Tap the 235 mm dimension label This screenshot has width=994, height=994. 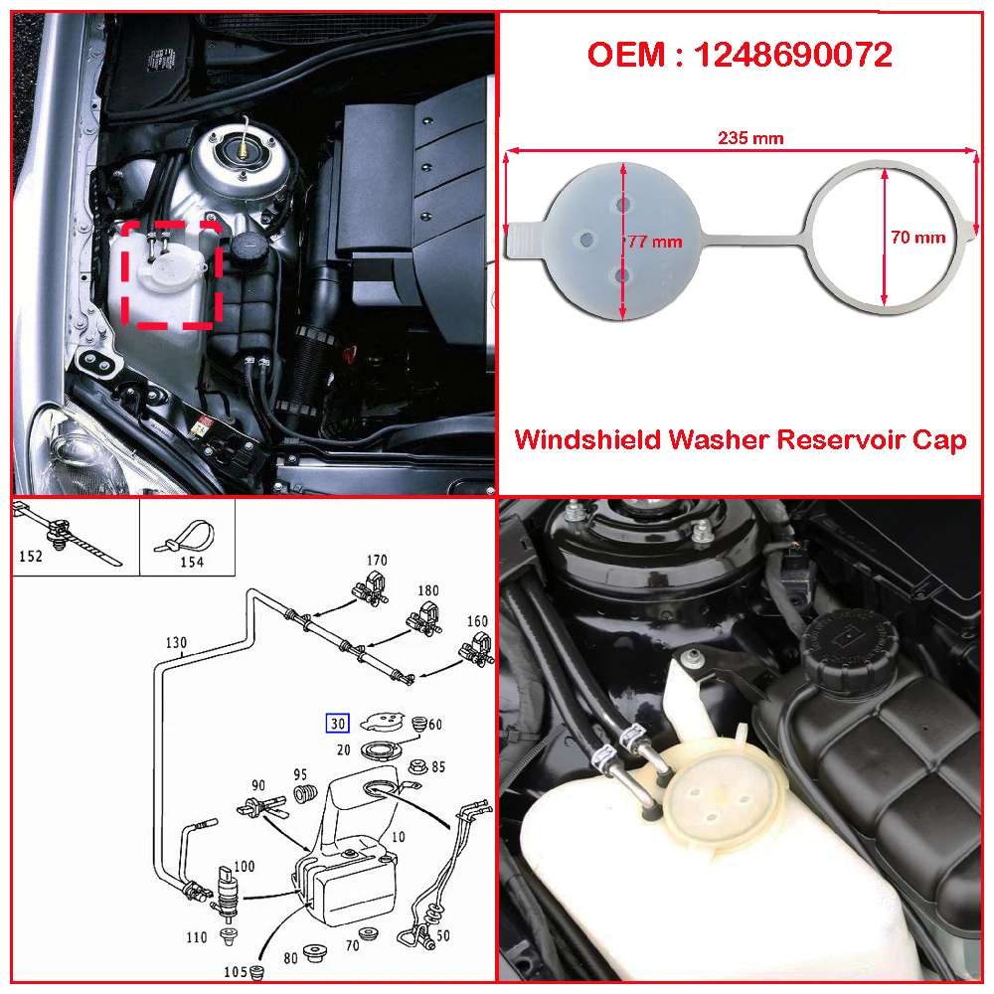[x=750, y=138]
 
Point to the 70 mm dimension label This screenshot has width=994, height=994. [x=918, y=237]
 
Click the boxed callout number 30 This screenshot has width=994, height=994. [x=338, y=724]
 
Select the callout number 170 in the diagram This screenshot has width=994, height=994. [x=377, y=561]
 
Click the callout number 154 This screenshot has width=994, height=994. [x=191, y=562]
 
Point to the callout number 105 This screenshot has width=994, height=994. [x=233, y=971]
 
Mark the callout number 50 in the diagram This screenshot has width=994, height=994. [x=442, y=935]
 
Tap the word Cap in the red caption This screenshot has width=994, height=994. [x=940, y=440]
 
